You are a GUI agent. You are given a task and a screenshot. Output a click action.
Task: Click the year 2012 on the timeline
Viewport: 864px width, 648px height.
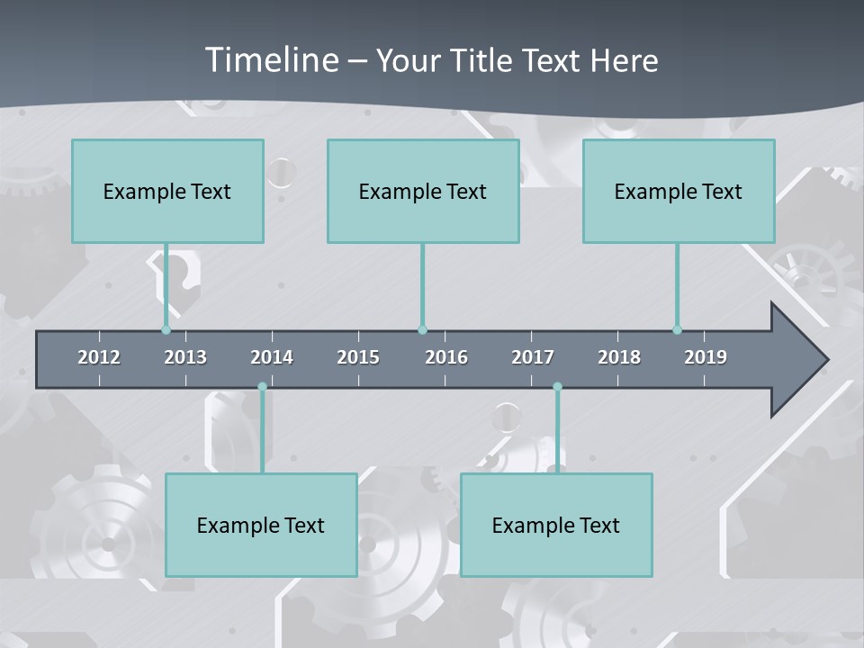(x=99, y=357)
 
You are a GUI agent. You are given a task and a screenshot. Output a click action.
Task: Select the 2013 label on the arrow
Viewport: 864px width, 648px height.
(x=185, y=357)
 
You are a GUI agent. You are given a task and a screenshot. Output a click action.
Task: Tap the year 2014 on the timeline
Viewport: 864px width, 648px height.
(x=272, y=357)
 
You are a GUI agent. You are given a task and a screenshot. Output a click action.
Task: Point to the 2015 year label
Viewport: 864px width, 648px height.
(x=358, y=357)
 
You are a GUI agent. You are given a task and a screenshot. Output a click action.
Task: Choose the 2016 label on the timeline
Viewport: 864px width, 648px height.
(x=446, y=357)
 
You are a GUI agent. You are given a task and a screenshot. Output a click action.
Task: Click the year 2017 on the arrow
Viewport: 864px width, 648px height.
(x=533, y=357)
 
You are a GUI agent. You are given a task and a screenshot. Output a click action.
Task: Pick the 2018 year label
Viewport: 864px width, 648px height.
(x=619, y=357)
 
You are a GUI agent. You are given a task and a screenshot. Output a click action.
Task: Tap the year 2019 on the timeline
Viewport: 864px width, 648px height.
(x=706, y=357)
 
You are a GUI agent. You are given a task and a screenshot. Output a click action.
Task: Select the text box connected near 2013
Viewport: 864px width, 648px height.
(x=167, y=191)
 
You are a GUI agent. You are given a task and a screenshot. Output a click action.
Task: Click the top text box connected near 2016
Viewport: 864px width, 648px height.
(x=423, y=191)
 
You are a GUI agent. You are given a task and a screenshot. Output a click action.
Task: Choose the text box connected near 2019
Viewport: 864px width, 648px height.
(x=679, y=191)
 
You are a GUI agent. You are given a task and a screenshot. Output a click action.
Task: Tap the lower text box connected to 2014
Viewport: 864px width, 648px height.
(x=261, y=525)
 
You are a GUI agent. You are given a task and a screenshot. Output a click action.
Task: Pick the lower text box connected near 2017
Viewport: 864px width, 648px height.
(x=556, y=525)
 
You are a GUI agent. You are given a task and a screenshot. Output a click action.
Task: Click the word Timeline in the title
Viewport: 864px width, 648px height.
(x=270, y=60)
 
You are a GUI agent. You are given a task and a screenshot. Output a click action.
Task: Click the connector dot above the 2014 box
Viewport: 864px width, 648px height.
(x=262, y=387)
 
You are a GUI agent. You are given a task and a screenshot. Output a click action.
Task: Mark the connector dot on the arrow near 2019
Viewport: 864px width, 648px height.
(x=678, y=330)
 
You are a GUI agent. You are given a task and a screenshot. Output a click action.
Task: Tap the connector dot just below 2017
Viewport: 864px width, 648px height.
(x=557, y=387)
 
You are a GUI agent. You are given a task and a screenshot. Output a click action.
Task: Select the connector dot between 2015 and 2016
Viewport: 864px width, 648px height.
(x=422, y=330)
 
